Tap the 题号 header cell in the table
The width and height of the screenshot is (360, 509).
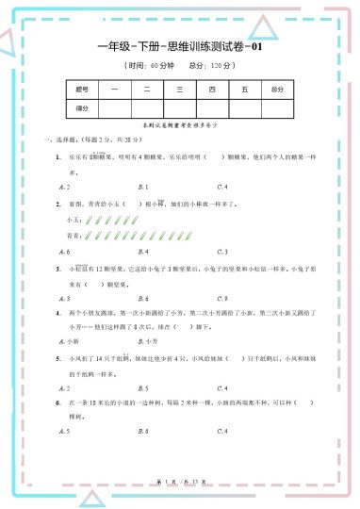82,90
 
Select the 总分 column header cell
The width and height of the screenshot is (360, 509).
276,90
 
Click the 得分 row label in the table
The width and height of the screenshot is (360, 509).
82,108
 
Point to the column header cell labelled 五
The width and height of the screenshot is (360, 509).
243,90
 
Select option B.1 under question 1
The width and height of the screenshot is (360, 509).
143,187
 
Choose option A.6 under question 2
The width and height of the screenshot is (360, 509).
63,252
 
